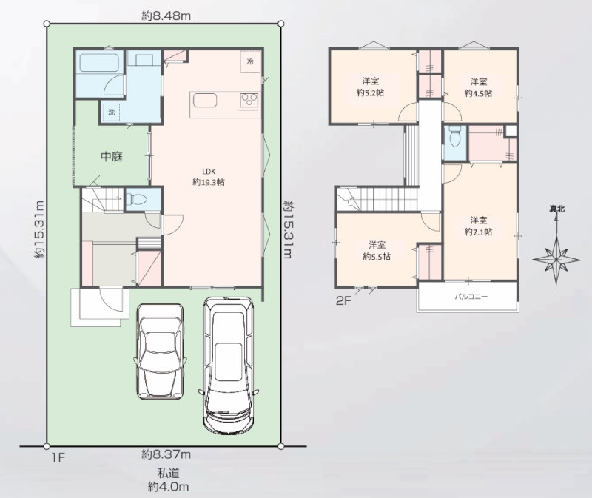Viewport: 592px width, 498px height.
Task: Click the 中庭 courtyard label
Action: tap(112, 156)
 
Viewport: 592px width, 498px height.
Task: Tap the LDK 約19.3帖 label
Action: tap(209, 177)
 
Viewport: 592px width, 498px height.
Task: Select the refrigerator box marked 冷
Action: tap(250, 61)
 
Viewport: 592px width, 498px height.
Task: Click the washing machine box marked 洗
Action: tap(112, 112)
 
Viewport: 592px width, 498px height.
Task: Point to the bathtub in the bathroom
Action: tap(99, 63)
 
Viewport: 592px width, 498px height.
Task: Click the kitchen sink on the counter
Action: tap(205, 101)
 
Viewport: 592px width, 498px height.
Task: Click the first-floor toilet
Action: tap(135, 198)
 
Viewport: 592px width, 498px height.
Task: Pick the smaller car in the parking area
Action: tap(160, 351)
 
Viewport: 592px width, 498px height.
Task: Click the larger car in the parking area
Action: tap(228, 365)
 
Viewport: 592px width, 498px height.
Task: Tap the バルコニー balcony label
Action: tap(471, 297)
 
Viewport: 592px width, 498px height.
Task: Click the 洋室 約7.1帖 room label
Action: tap(478, 226)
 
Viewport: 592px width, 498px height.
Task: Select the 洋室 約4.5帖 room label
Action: tap(478, 87)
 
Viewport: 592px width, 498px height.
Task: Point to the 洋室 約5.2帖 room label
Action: tap(371, 87)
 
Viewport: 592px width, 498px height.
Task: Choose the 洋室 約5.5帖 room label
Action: tap(377, 251)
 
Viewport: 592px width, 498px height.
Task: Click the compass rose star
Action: tap(556, 260)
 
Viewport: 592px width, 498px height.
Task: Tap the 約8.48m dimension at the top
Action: tap(166, 16)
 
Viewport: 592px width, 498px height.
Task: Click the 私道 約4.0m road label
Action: tap(169, 480)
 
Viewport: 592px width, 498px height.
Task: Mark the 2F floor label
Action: tap(343, 301)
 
